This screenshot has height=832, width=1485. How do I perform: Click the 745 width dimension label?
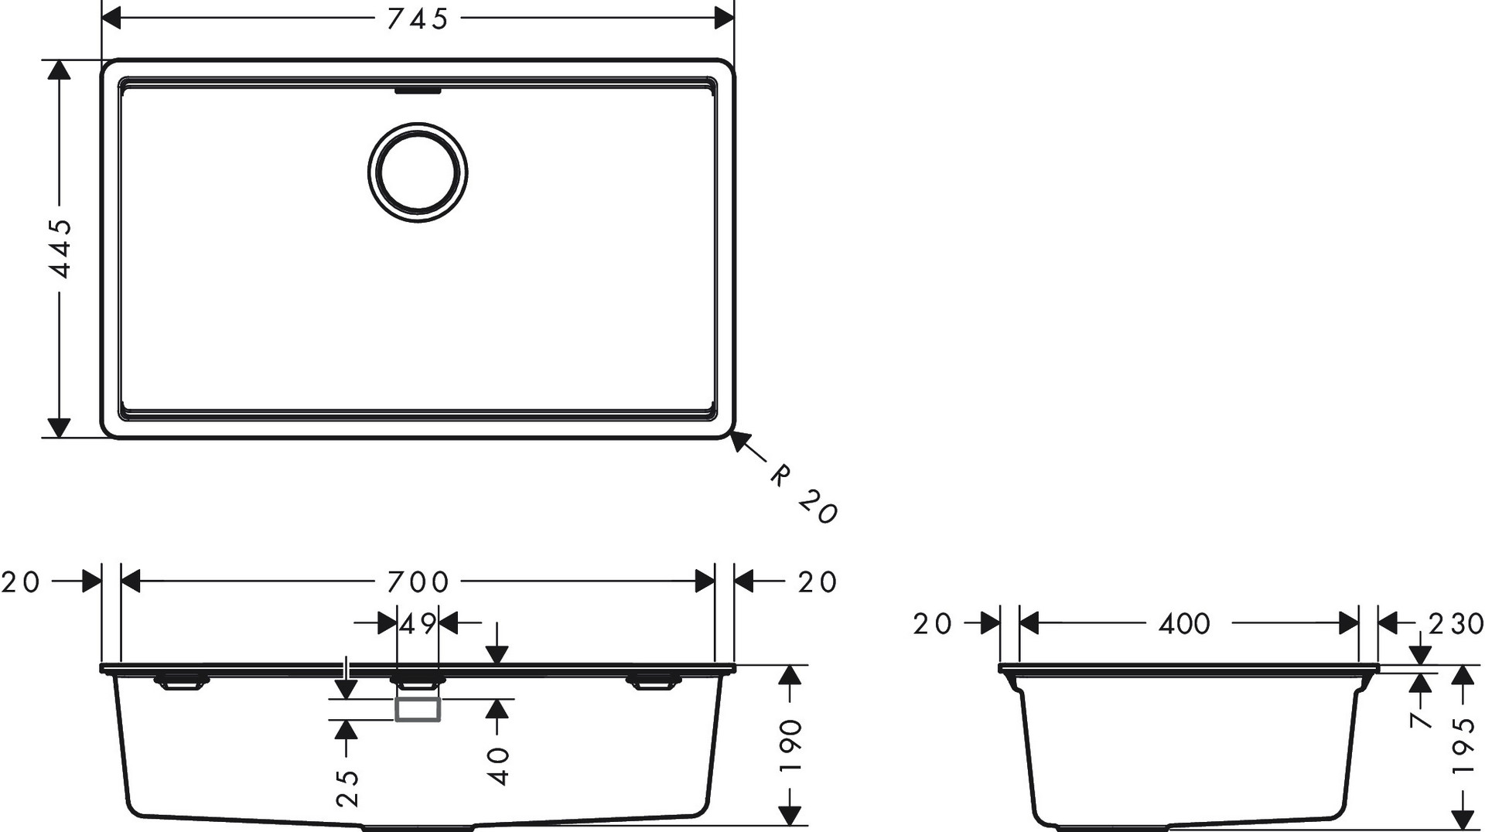(x=418, y=19)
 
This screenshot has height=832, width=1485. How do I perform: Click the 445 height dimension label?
(x=60, y=248)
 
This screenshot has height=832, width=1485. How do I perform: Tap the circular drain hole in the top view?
(x=418, y=172)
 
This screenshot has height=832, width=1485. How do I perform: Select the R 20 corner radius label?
(x=804, y=495)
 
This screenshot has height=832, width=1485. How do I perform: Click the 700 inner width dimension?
(x=418, y=581)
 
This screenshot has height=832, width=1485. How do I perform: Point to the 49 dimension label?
(x=418, y=623)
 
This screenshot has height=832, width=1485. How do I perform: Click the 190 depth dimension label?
(x=790, y=746)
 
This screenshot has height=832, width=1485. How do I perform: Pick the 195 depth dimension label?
(x=1463, y=746)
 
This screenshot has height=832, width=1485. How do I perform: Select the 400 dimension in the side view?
(x=1184, y=623)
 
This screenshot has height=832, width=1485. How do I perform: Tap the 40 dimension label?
(x=500, y=766)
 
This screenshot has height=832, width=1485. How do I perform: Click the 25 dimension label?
(x=349, y=788)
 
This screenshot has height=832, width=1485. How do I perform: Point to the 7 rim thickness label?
(x=1422, y=720)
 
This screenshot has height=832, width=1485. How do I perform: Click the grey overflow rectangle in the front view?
(x=418, y=709)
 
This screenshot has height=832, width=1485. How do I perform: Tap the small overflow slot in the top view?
(x=418, y=90)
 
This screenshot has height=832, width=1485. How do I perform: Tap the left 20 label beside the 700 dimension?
(x=20, y=581)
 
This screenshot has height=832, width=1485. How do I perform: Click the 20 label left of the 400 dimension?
(x=932, y=623)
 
